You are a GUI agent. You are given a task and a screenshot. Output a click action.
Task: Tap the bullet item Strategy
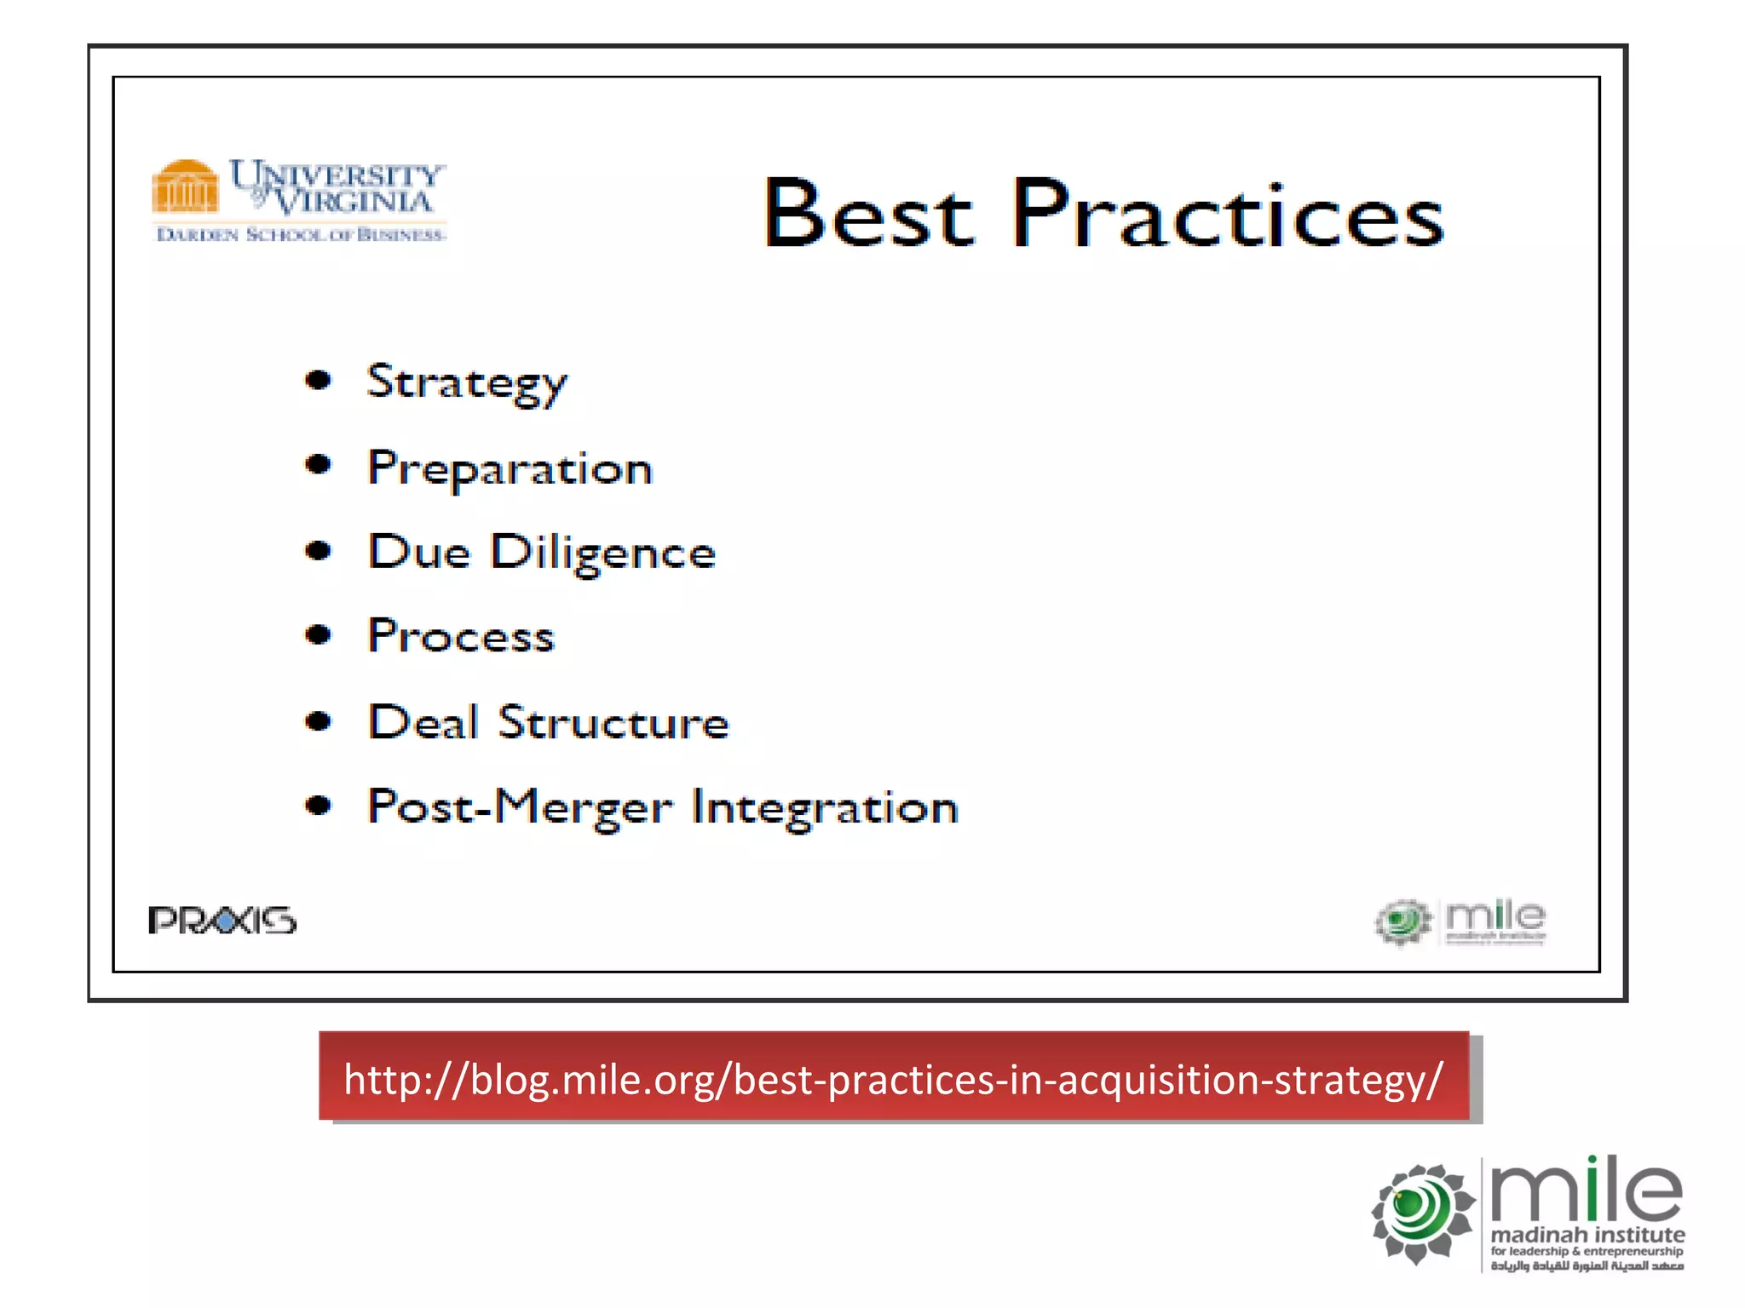point(466,382)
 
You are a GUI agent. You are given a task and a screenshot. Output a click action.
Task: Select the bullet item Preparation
point(510,468)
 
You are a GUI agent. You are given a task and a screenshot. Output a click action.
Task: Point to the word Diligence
point(602,553)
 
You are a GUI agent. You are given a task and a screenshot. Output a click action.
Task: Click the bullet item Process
point(461,636)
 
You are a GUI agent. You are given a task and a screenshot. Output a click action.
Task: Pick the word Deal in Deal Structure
point(423,722)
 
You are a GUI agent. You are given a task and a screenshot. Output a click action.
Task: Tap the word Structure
point(613,722)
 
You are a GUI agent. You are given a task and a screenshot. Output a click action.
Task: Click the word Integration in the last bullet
point(825,807)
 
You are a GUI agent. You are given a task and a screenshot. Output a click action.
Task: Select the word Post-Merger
point(520,807)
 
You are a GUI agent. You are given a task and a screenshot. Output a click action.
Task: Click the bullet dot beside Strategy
point(318,380)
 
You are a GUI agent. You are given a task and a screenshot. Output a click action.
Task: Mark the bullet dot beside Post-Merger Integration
point(318,805)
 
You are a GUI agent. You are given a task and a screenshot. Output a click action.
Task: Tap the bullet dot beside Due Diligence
point(318,551)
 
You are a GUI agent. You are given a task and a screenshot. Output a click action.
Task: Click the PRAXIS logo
point(222,921)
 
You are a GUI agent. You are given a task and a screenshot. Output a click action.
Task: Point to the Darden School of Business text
point(301,234)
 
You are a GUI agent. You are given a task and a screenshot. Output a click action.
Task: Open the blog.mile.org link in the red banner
point(893,1079)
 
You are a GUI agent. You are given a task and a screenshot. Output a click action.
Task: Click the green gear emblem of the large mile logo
point(1421,1212)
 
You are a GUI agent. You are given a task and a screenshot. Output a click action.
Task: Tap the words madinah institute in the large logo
point(1587,1234)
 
